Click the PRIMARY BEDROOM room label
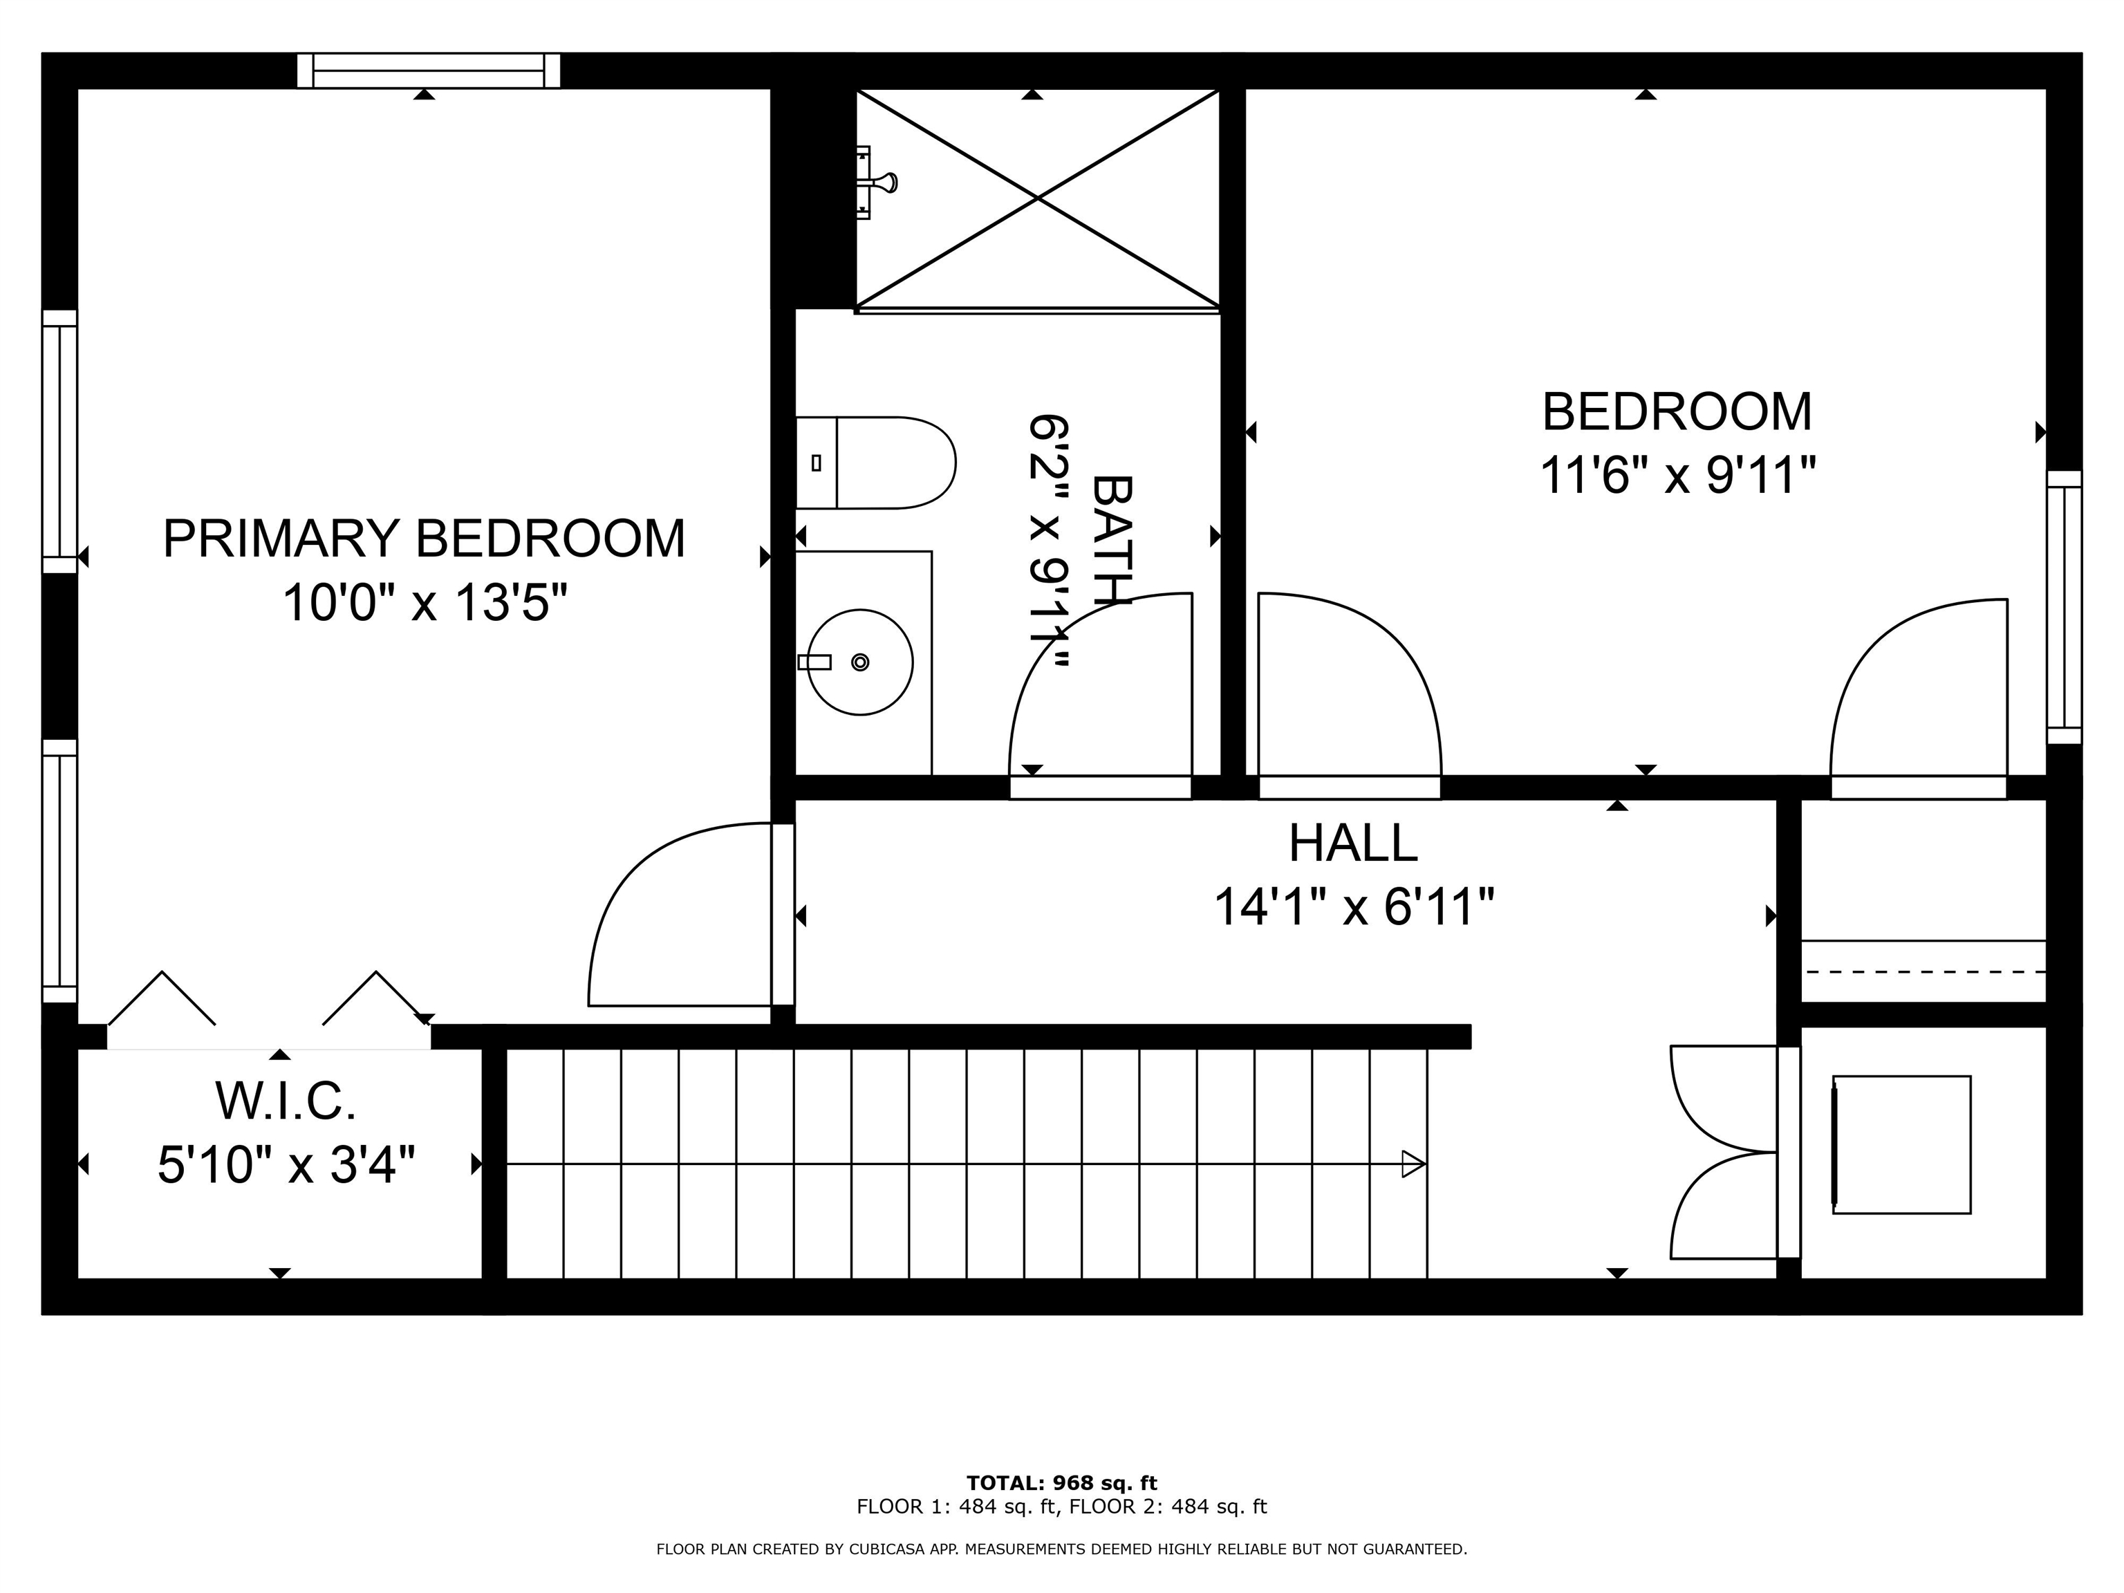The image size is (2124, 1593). (x=423, y=539)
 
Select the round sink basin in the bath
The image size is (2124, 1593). (x=859, y=662)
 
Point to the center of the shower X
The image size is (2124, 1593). (x=1037, y=198)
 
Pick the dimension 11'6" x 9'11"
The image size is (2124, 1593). (x=1677, y=475)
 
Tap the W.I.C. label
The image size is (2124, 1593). (x=286, y=1101)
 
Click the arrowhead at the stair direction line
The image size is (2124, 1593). (x=1413, y=1164)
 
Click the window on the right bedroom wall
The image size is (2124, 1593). (x=2064, y=607)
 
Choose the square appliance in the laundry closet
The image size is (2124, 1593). (x=1901, y=1144)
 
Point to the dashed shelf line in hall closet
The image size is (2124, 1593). (x=1923, y=971)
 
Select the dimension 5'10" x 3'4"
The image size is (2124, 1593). (x=286, y=1166)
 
